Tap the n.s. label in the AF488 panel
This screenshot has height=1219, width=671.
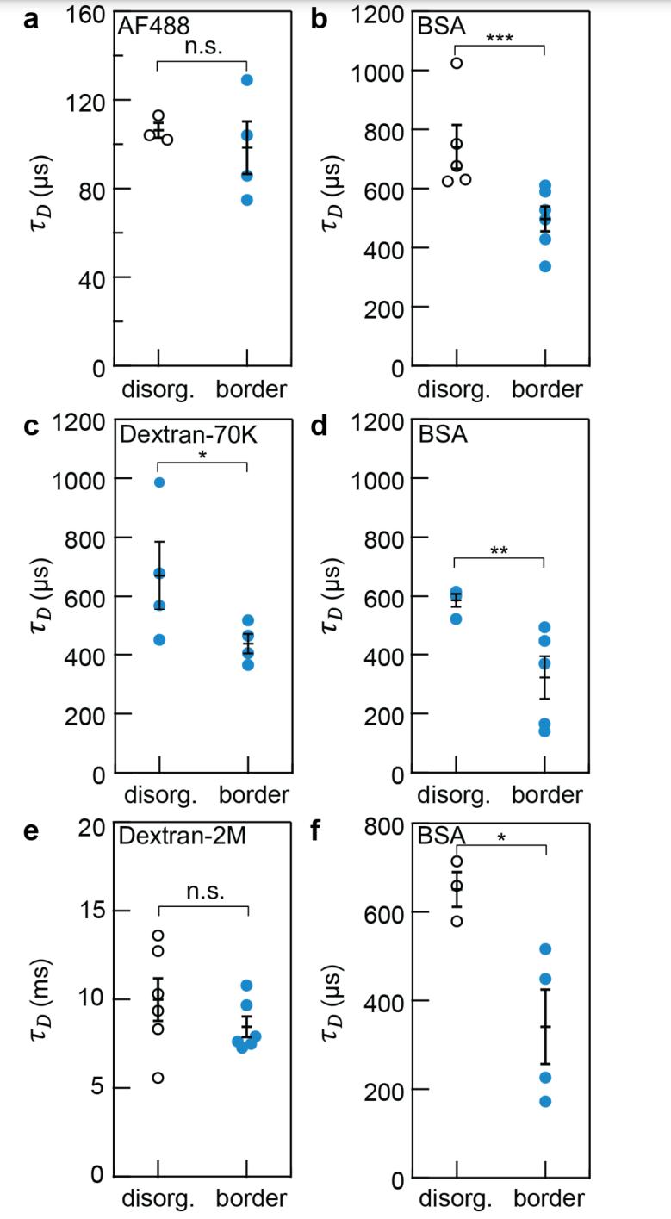[203, 48]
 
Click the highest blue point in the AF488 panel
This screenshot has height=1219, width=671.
[247, 80]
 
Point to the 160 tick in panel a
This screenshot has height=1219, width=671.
[86, 16]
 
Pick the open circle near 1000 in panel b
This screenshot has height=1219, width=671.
[457, 63]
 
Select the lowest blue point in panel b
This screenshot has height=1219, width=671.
[545, 266]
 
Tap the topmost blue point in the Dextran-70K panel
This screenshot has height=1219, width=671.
[159, 482]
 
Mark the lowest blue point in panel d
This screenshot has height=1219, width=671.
[545, 731]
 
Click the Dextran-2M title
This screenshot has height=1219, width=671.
[171, 836]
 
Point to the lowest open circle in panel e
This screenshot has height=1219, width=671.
[158, 1078]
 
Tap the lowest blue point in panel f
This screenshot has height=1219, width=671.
[545, 1101]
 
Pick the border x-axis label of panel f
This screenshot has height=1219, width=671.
[549, 1198]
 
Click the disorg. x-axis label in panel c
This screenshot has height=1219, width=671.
[160, 793]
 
